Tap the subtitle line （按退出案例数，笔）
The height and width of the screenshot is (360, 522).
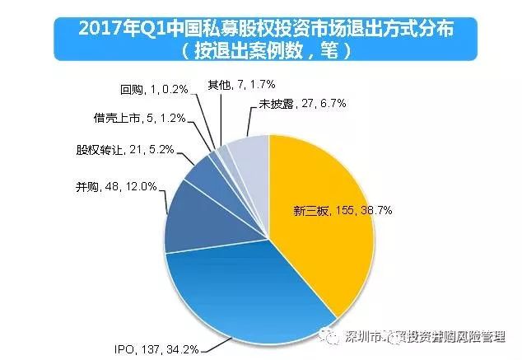coord(260,49)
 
